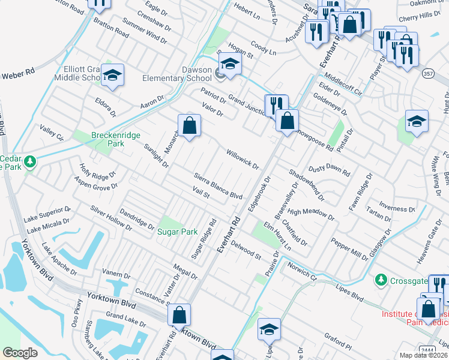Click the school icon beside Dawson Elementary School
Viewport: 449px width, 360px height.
click(x=230, y=64)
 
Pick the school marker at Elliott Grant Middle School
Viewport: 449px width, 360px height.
click(x=112, y=74)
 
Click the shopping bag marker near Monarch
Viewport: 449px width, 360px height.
click(x=189, y=125)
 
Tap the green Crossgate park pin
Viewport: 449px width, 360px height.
click(x=381, y=280)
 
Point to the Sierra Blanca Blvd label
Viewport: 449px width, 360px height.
click(x=218, y=186)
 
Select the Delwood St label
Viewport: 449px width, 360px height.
click(x=246, y=250)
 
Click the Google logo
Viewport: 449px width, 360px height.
click(x=20, y=353)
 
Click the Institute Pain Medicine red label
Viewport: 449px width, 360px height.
click(x=414, y=319)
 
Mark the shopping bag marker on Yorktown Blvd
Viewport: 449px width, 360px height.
click(x=179, y=314)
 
